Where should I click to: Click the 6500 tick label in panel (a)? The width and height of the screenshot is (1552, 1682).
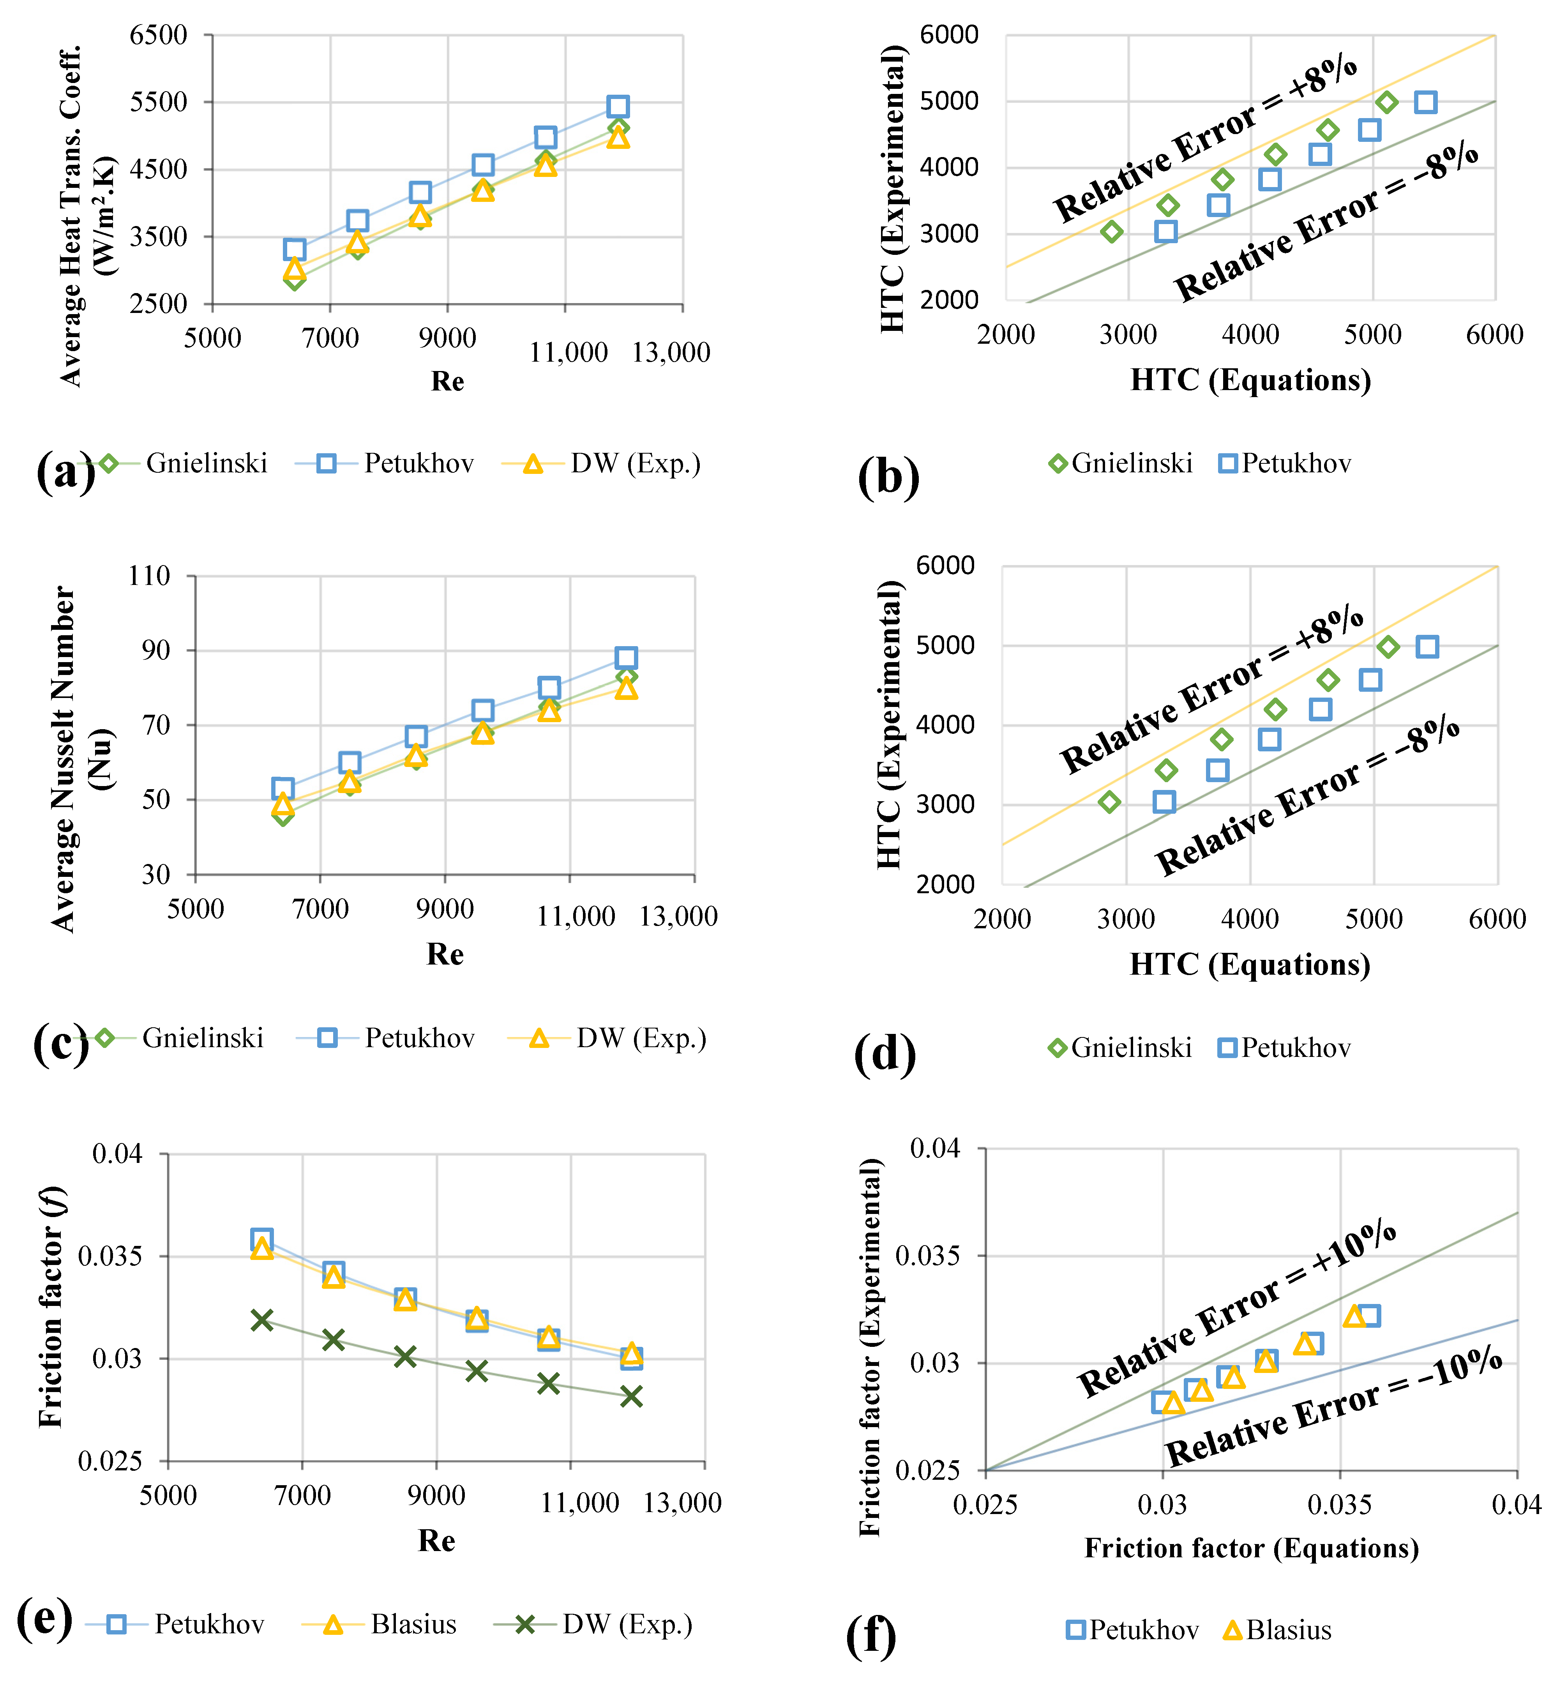159,35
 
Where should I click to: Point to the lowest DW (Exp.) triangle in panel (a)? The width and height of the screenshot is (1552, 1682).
295,269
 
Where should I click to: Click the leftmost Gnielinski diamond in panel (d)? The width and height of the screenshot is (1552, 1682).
1109,802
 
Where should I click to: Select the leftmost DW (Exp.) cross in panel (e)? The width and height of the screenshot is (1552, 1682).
262,1320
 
